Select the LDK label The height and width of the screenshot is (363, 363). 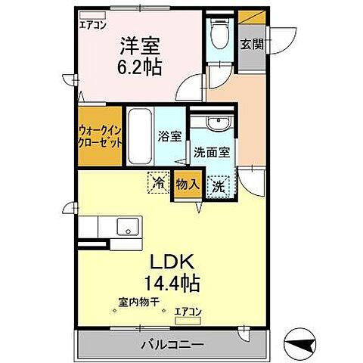coord(176,262)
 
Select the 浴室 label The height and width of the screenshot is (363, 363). coord(169,137)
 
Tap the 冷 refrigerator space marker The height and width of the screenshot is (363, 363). coord(158,182)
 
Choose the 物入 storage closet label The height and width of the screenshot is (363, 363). coord(187,184)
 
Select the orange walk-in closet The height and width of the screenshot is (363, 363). coord(100,139)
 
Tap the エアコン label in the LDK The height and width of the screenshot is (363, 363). coord(188,309)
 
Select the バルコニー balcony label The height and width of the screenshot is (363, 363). coord(172,345)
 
